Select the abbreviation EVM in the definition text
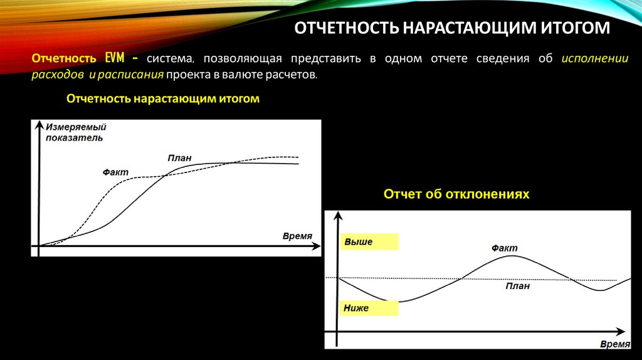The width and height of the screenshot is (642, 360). pyautogui.click(x=117, y=59)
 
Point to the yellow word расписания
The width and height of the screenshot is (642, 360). pyautogui.click(x=134, y=75)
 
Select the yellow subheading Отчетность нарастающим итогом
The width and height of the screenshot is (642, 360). pyautogui.click(x=162, y=99)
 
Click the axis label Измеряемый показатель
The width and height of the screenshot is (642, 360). pyautogui.click(x=75, y=132)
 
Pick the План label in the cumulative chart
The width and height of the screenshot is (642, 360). pyautogui.click(x=179, y=158)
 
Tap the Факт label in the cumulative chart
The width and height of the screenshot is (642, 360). pyautogui.click(x=115, y=171)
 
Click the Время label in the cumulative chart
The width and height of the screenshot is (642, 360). pyautogui.click(x=297, y=236)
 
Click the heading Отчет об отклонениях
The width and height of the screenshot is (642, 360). pyautogui.click(x=456, y=194)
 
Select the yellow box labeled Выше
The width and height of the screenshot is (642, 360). pyautogui.click(x=369, y=241)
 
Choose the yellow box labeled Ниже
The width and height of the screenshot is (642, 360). pyautogui.click(x=369, y=308)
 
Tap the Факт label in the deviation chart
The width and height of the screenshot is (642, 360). pyautogui.click(x=505, y=248)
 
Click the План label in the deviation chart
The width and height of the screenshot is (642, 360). pyautogui.click(x=518, y=286)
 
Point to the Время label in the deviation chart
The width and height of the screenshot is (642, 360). pyautogui.click(x=614, y=344)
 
